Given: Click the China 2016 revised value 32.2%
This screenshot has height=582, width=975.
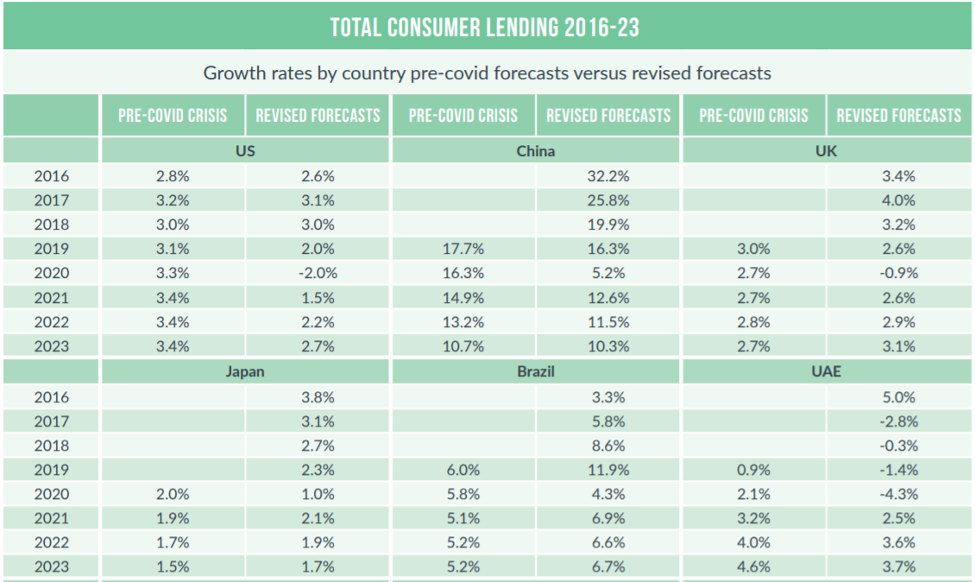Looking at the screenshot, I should [608, 176].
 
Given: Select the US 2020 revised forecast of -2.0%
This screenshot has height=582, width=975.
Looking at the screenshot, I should [318, 273].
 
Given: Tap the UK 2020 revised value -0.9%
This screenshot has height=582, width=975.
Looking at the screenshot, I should [898, 273].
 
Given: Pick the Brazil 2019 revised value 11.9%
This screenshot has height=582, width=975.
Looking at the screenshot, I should [608, 471].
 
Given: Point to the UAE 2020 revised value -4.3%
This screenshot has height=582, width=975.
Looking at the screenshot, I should [898, 495].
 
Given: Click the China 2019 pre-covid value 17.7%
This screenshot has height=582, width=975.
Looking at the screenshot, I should [463, 249].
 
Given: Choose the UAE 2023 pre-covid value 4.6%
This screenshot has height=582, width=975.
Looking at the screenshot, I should [753, 567].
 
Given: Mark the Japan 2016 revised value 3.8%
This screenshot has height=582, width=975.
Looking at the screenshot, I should [318, 398].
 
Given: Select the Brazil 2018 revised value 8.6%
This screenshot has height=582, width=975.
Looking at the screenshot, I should [608, 446].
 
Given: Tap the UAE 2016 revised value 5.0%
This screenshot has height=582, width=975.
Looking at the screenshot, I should [898, 398].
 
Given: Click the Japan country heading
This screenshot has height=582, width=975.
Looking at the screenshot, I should [246, 373].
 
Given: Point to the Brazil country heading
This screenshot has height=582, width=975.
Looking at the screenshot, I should [536, 373].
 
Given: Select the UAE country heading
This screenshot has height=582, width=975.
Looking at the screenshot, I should [827, 373].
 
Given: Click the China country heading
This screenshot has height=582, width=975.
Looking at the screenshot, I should [536, 151].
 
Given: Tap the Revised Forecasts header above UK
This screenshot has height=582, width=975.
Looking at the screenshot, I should [898, 116].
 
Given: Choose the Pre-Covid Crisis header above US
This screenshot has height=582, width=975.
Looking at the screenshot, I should [173, 116].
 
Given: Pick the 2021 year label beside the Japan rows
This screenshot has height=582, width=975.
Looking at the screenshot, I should [51, 519].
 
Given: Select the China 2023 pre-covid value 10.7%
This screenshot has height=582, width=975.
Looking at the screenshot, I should [463, 345].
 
